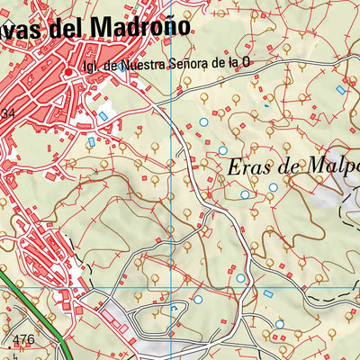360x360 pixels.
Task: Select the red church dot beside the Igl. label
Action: (67, 64)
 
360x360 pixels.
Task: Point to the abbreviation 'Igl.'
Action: (88, 65)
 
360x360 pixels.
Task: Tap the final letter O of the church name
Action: (244, 65)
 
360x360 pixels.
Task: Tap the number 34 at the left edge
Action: (7, 112)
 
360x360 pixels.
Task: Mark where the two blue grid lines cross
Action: (171, 288)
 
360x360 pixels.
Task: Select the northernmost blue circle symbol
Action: (203, 121)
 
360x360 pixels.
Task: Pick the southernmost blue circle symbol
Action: (279, 324)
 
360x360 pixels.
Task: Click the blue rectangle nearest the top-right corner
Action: (340, 89)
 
